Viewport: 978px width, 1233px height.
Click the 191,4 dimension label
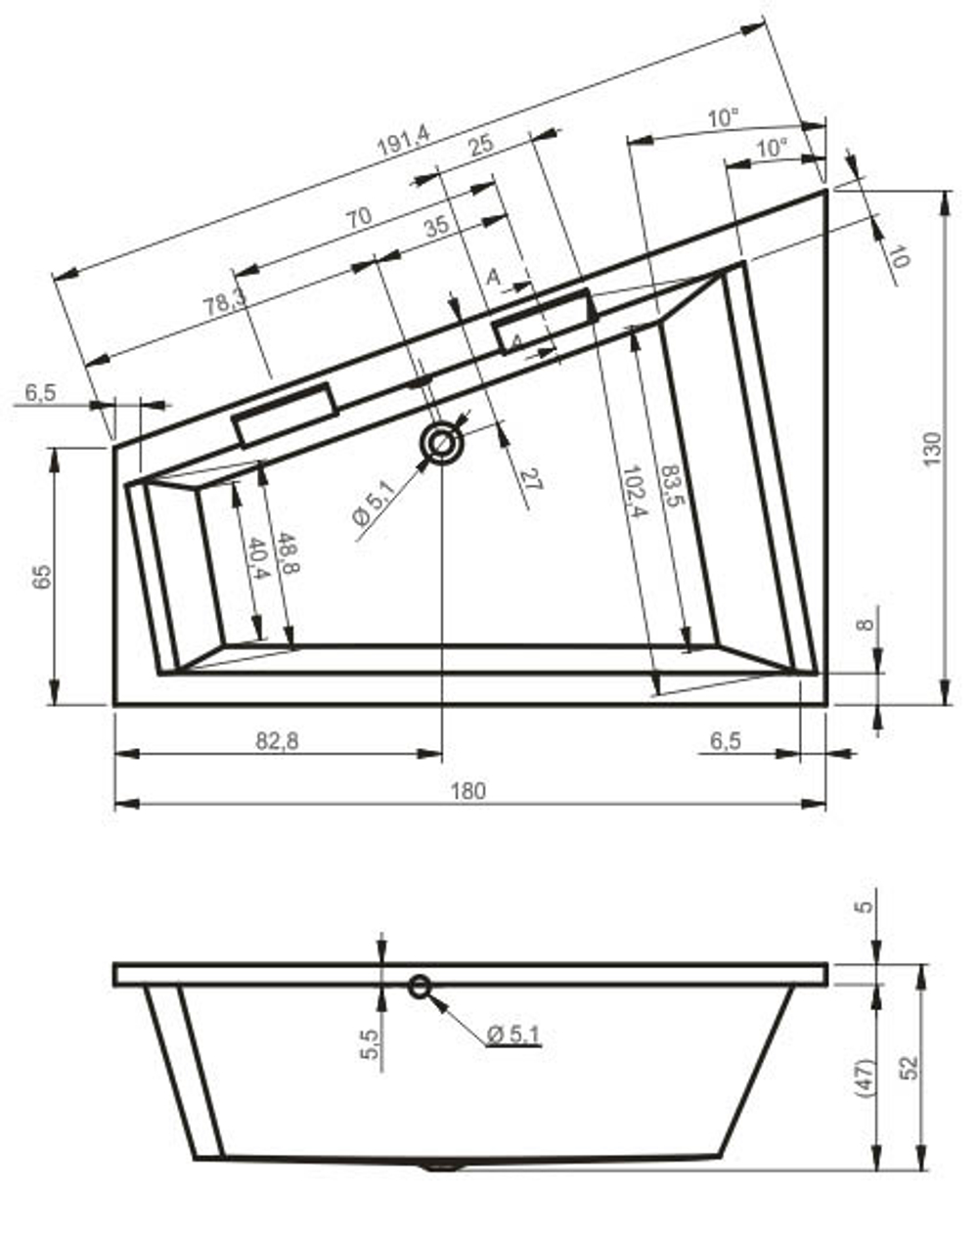403,144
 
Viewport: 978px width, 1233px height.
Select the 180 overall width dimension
468,790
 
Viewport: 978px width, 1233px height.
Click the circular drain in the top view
442,445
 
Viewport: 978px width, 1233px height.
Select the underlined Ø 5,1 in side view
514,1034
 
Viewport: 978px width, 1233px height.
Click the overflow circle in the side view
421,986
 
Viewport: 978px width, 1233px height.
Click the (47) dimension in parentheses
867,1076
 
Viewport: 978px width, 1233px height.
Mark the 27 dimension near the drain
531,479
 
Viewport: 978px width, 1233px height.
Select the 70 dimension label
359,217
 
